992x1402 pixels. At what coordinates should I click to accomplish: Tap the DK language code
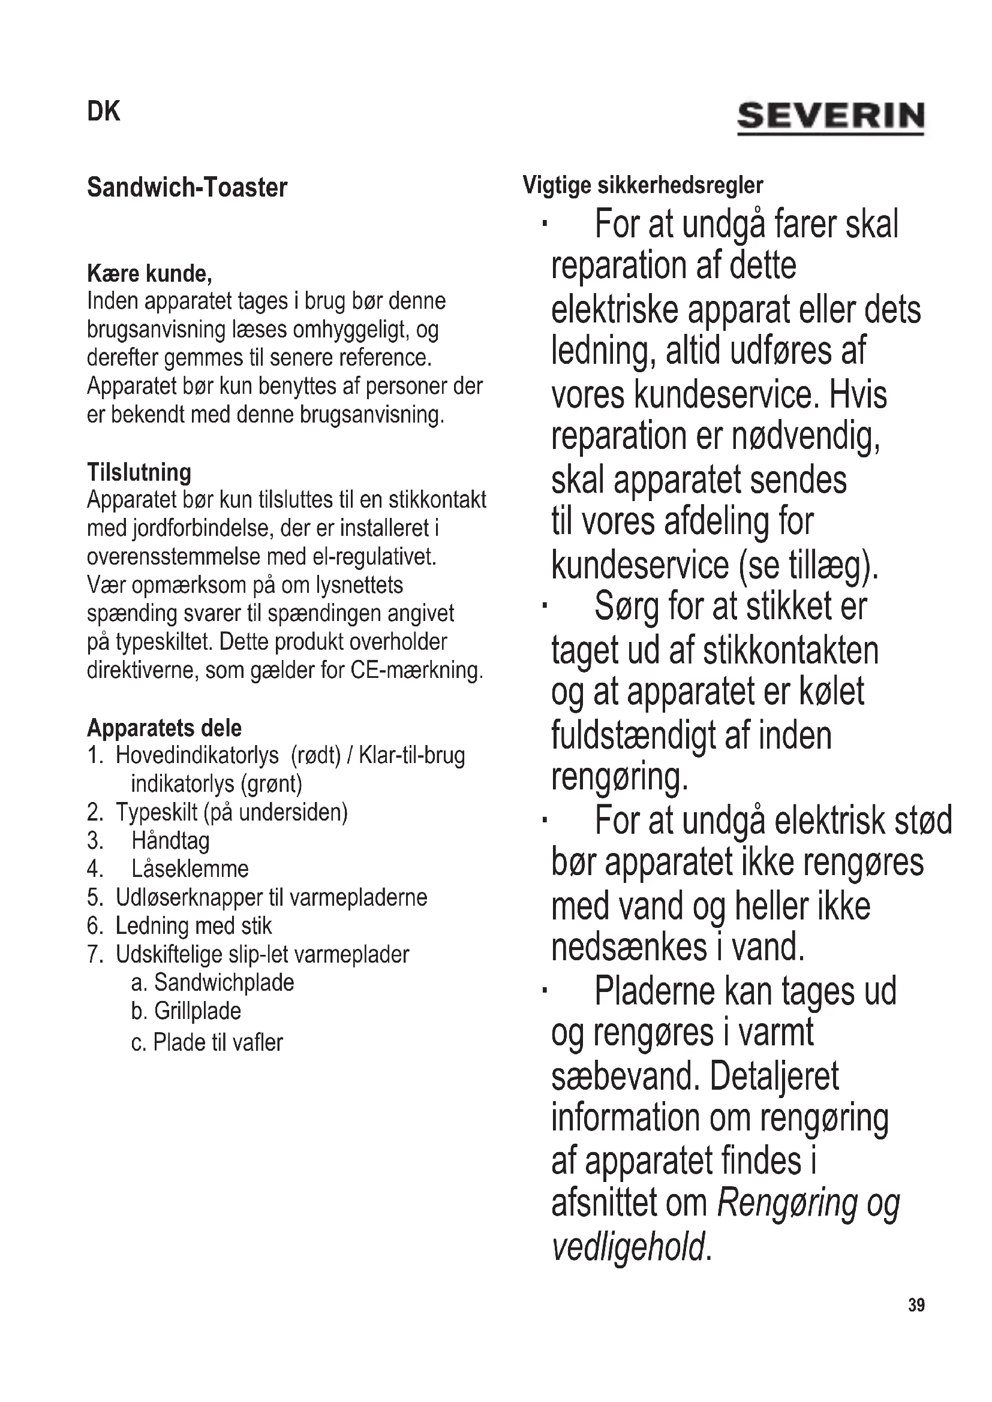[x=104, y=111]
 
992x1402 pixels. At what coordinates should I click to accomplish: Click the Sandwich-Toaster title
[x=187, y=188]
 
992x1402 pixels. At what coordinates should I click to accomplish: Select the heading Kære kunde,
[x=150, y=273]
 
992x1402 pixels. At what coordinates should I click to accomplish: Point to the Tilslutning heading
[x=139, y=472]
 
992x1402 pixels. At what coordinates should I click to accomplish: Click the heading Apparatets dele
[x=164, y=728]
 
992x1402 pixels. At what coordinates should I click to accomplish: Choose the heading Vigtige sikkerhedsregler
[x=642, y=185]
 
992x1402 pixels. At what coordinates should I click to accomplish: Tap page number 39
[x=916, y=1305]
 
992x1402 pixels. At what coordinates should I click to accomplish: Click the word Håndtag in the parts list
[x=170, y=841]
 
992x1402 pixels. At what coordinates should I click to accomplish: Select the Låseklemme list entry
[x=190, y=869]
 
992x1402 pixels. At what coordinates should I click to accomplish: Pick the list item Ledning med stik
[x=193, y=925]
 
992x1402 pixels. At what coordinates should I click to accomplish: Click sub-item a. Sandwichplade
[x=212, y=982]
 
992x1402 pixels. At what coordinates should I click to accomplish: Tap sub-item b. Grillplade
[x=187, y=1011]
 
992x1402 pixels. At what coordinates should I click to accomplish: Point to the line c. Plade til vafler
[x=207, y=1042]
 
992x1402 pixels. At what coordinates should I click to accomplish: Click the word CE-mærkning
[x=417, y=671]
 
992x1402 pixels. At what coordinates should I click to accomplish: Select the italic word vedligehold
[x=629, y=1246]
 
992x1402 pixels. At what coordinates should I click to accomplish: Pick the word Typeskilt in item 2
[x=157, y=812]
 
